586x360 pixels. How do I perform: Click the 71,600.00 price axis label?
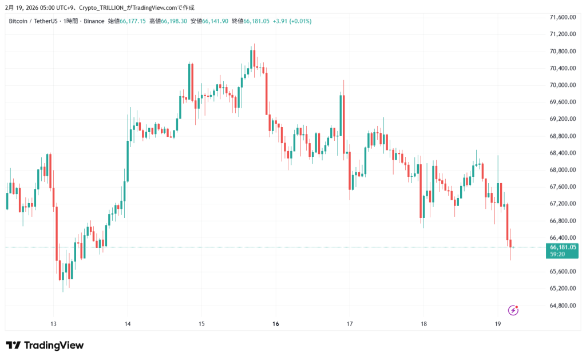click(562, 17)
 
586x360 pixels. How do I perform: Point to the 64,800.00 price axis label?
click(562, 305)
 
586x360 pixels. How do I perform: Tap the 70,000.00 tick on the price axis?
click(562, 85)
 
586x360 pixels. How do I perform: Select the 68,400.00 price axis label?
click(562, 153)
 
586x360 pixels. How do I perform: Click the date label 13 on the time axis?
click(53, 324)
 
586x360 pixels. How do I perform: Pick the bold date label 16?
click(276, 324)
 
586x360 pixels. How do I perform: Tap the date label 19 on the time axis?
click(497, 324)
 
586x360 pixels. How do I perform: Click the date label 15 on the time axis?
click(201, 324)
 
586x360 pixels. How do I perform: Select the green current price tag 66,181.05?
click(563, 247)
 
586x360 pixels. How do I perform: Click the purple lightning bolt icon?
click(513, 310)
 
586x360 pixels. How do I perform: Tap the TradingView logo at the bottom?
click(45, 345)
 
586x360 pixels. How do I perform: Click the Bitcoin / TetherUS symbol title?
click(32, 21)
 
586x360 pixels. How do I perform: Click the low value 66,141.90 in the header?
click(215, 21)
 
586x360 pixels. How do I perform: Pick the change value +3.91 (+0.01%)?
click(292, 21)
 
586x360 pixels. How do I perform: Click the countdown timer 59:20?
click(557, 254)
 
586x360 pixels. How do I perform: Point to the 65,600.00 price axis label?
click(562, 271)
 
